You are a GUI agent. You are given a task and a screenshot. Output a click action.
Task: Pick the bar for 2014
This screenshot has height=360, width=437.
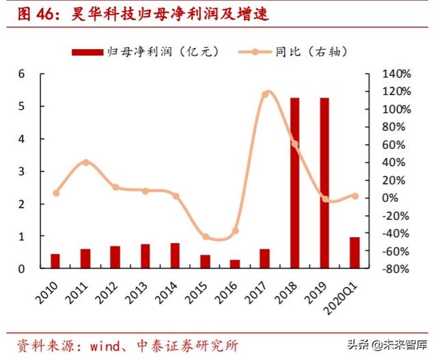pos(175,255)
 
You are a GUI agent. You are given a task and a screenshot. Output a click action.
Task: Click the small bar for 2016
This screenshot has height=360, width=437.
pos(235,264)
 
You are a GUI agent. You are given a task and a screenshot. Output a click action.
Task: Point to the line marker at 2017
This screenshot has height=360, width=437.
pos(265,94)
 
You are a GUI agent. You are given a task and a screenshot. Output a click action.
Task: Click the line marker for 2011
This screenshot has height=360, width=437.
pos(85,163)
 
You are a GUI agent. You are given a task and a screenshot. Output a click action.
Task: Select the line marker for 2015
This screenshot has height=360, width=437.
pos(205,237)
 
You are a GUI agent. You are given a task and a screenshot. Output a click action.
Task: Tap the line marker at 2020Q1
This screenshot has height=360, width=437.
pos(355,196)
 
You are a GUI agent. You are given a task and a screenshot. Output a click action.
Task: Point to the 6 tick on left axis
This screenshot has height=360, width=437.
pos(21,74)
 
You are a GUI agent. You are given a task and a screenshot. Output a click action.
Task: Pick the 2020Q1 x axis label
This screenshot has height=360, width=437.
pos(346,295)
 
